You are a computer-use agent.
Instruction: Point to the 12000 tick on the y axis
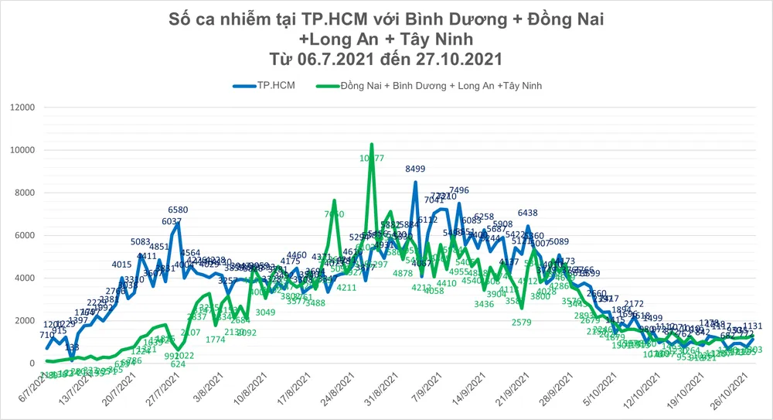pos(20,107)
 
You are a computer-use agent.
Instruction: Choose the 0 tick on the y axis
pos(32,363)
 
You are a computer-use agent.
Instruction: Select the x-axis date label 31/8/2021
pos(378,392)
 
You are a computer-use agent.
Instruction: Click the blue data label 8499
pos(415,169)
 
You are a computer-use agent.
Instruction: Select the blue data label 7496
pos(459,190)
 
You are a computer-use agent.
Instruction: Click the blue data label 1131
pos(753,326)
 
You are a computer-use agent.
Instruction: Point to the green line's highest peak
pos(372,145)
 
